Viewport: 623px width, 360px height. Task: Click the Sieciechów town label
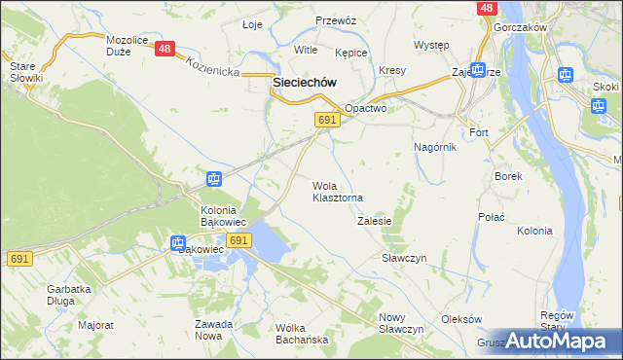[298, 84]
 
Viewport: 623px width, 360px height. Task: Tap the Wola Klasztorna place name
[337, 192]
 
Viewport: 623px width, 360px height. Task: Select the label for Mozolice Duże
[126, 47]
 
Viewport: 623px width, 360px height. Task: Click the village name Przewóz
[336, 20]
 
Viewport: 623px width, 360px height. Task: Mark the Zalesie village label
[374, 221]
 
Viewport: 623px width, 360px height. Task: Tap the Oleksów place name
[461, 319]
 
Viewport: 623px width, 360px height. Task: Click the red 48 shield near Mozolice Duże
[165, 49]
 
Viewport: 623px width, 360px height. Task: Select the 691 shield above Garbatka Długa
[18, 259]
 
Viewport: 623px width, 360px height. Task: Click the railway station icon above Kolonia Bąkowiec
[214, 179]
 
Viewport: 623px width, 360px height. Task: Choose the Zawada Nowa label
[213, 330]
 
